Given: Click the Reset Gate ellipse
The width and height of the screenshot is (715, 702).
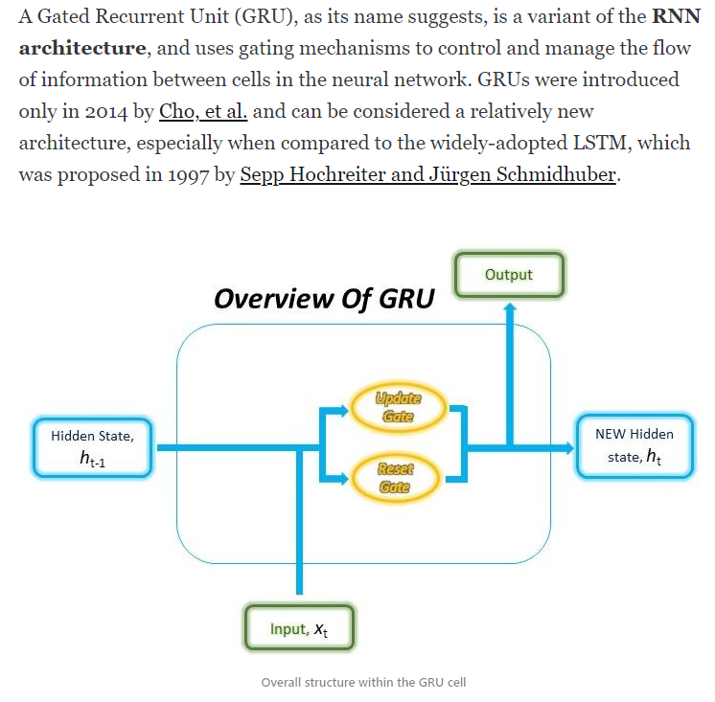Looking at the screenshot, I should (395, 477).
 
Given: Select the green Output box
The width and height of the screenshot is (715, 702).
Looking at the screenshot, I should (509, 275).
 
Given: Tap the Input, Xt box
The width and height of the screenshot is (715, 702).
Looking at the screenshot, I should (301, 628).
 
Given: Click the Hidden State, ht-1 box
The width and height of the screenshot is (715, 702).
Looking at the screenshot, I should (93, 447).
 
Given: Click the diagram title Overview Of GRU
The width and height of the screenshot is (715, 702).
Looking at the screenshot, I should (324, 299).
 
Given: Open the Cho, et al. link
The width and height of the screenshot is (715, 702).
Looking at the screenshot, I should (203, 111).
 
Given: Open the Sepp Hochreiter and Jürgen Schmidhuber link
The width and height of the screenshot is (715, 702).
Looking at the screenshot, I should (427, 176).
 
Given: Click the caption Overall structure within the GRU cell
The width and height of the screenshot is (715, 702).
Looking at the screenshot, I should (363, 682).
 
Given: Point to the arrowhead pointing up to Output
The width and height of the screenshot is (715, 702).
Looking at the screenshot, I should (510, 308).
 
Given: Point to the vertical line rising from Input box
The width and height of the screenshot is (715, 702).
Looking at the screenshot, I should (301, 536).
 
